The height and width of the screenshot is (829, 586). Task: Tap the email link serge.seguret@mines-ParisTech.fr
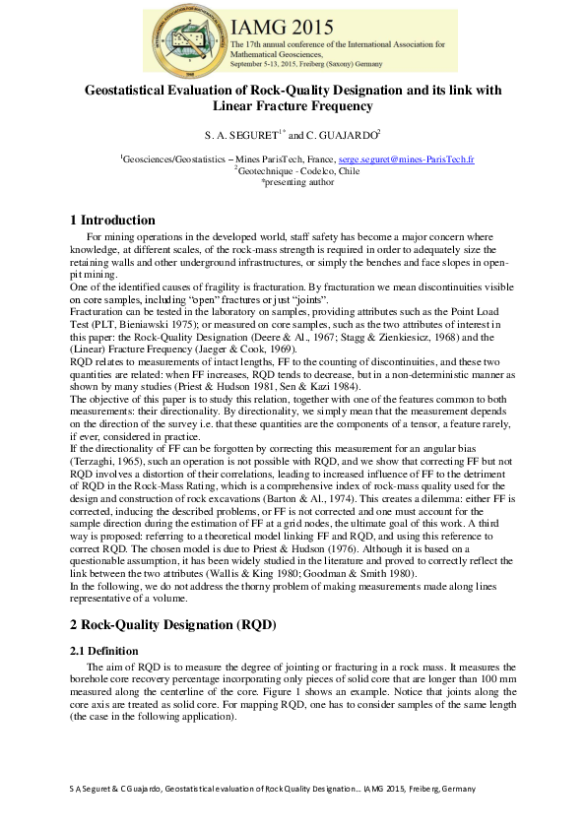coord(407,159)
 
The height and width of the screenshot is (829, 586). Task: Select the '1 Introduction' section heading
coord(113,220)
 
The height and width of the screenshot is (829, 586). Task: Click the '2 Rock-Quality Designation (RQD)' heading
coord(172,625)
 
